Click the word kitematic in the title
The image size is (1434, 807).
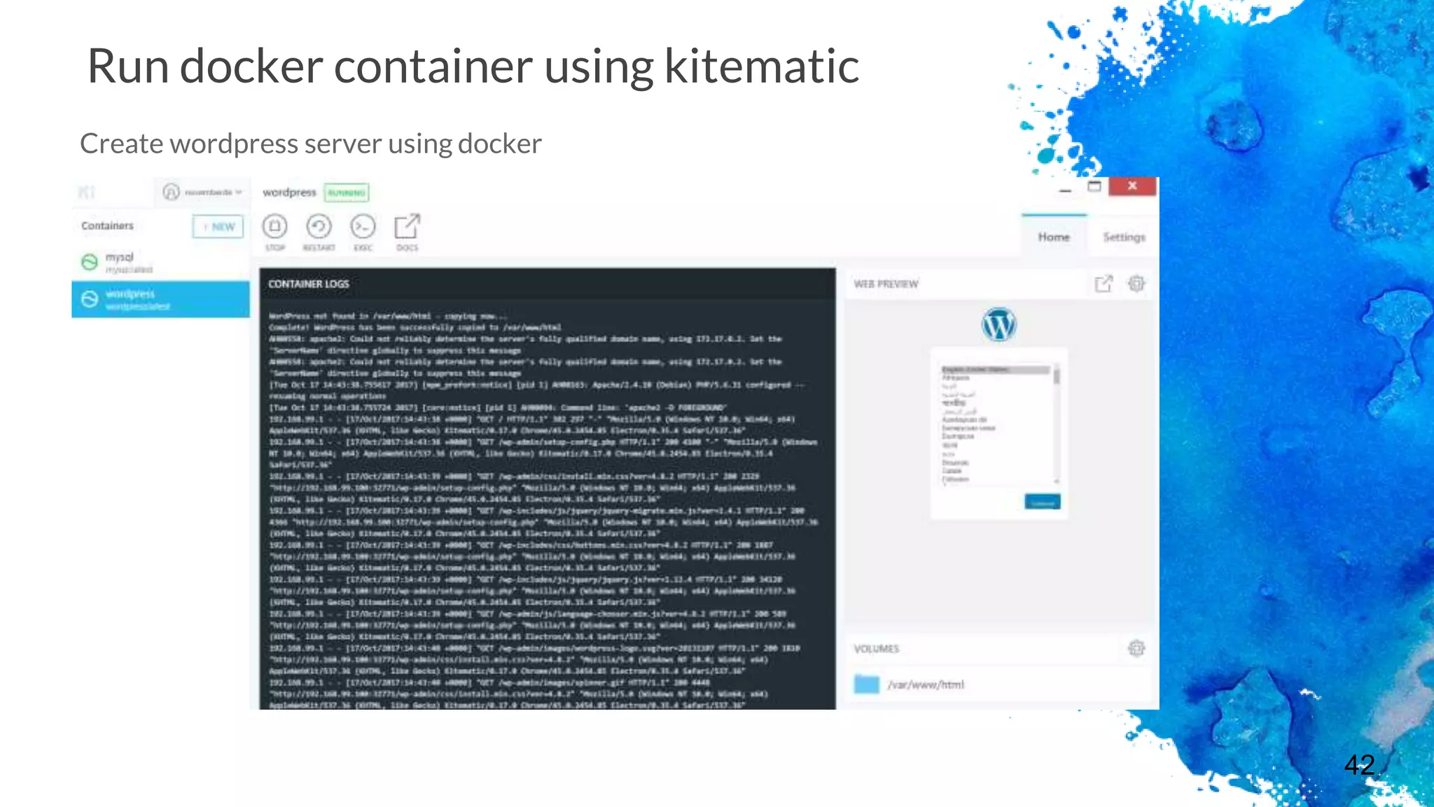(761, 67)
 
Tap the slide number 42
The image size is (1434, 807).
(1359, 764)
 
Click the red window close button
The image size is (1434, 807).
(1132, 186)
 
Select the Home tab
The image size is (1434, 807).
(1053, 237)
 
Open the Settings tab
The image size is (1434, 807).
(1124, 237)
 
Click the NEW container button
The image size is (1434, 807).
(218, 226)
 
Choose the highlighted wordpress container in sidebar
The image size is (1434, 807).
(160, 299)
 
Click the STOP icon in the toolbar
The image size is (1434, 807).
(275, 227)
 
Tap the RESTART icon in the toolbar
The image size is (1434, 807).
(319, 227)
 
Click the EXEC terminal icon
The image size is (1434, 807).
(363, 227)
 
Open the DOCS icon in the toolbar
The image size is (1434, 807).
(407, 227)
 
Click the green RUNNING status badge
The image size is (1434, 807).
(347, 193)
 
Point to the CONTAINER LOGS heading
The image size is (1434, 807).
(309, 284)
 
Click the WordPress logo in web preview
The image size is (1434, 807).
(998, 325)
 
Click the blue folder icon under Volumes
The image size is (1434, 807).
(867, 684)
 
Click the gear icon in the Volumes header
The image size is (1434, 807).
(1136, 649)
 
